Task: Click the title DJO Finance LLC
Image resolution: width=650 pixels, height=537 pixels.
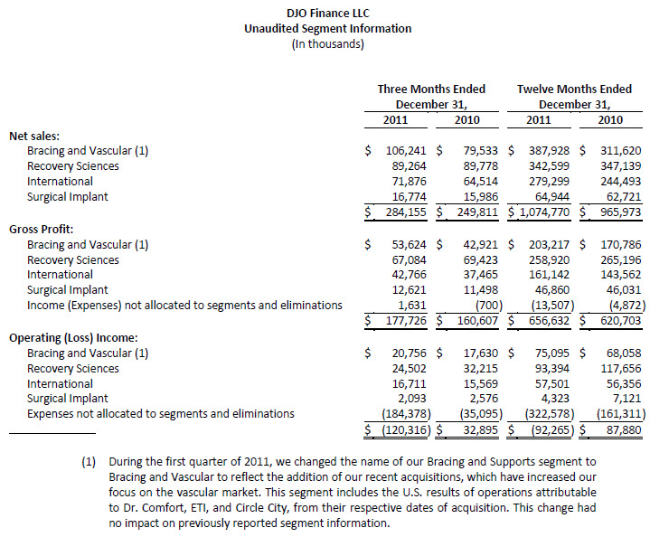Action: click(x=327, y=14)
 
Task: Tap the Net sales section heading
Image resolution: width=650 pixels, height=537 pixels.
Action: click(x=33, y=136)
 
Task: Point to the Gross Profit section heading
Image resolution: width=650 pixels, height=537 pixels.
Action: click(x=42, y=230)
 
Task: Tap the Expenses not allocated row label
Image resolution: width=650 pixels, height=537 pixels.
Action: click(x=160, y=414)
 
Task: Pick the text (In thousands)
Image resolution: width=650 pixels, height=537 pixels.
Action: click(x=327, y=44)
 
